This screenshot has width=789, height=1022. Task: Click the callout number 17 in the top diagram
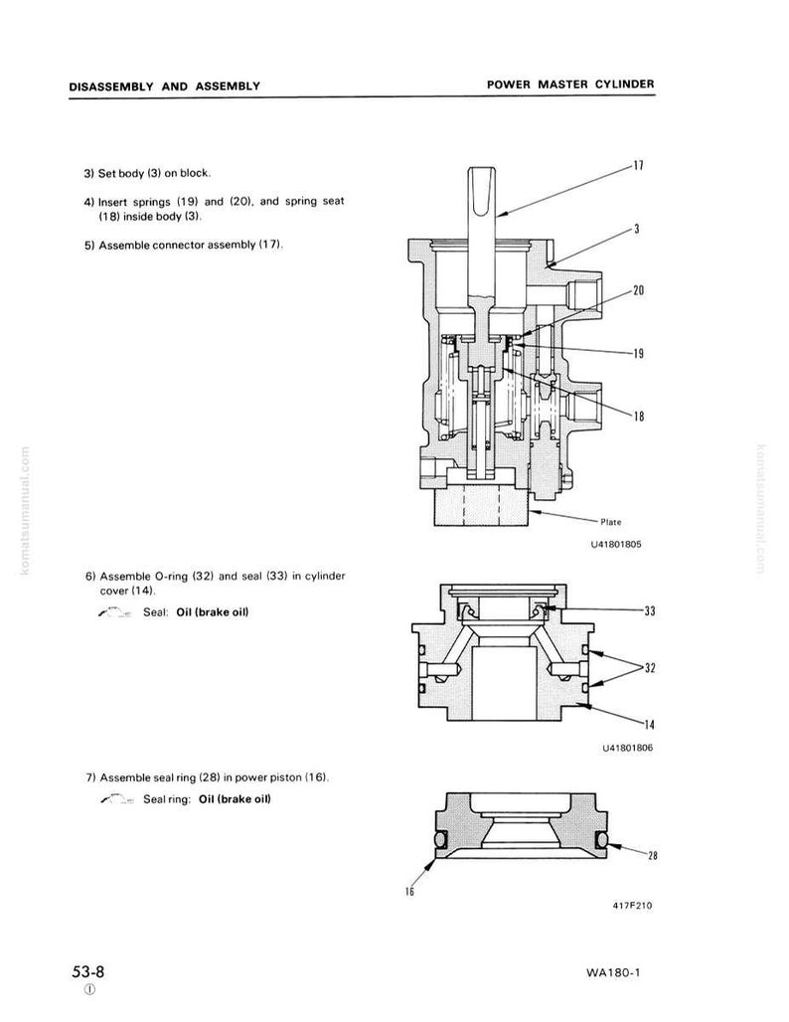tap(639, 166)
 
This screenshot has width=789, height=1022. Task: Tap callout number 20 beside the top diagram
tap(639, 290)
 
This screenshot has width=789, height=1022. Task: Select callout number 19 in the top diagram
tap(639, 353)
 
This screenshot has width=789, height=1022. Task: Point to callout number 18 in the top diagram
tap(639, 416)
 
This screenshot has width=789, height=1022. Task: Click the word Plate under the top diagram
tap(610, 522)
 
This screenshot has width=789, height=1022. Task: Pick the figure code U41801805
tap(616, 544)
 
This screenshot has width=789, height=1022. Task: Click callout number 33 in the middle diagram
tap(650, 610)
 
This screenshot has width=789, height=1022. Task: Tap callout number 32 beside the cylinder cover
tap(650, 667)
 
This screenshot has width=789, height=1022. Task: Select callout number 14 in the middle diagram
tap(650, 724)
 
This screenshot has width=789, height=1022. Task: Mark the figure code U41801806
tap(627, 748)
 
